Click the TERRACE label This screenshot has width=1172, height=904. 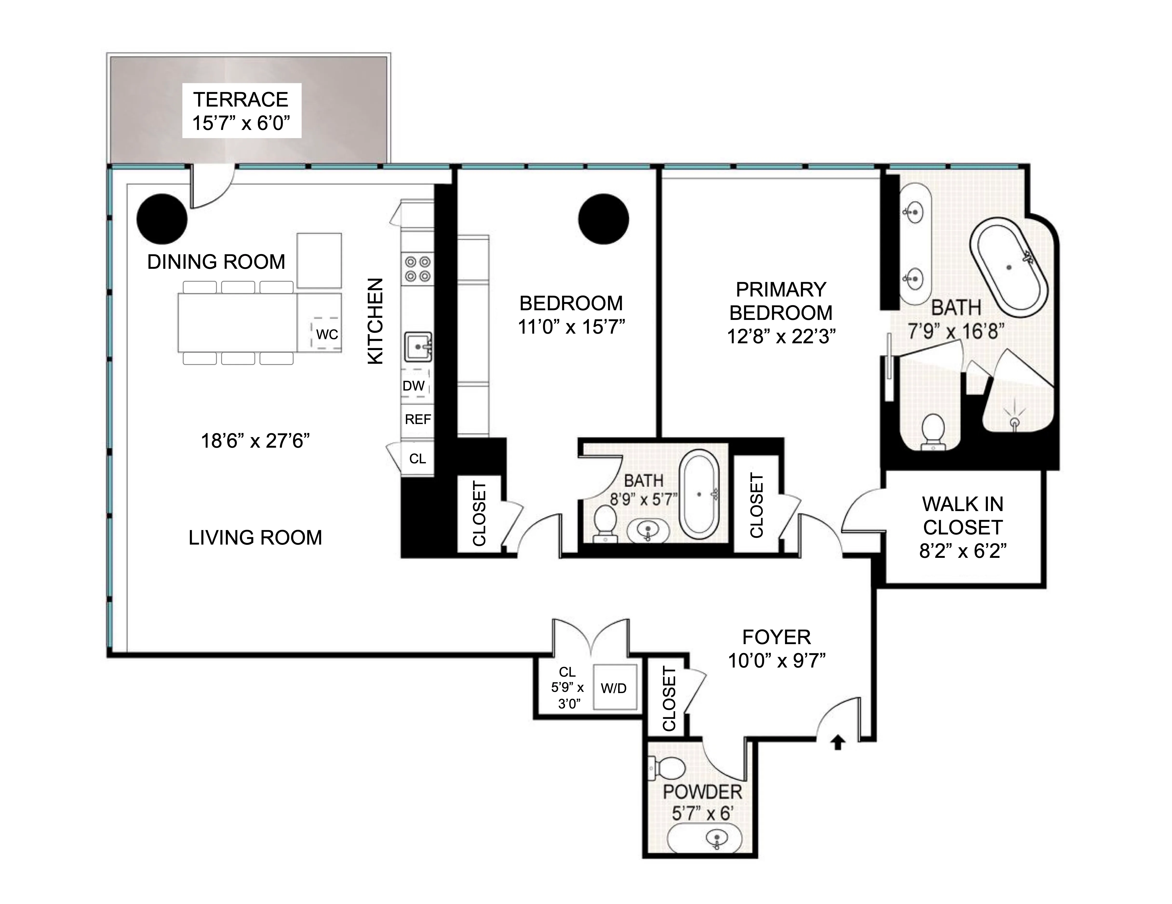[241, 100]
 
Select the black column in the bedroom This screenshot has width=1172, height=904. [604, 219]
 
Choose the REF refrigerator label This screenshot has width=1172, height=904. [417, 419]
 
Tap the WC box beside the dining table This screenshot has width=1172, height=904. [327, 334]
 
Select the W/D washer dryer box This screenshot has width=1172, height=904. [614, 688]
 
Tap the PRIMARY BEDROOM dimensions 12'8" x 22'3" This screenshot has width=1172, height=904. [781, 337]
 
